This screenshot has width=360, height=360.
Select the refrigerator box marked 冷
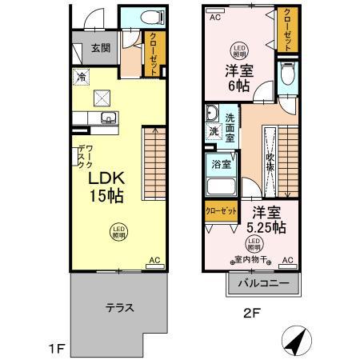pos(82,77)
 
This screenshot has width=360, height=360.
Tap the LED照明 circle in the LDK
pos(118,232)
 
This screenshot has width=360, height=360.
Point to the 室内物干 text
pos(252,258)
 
